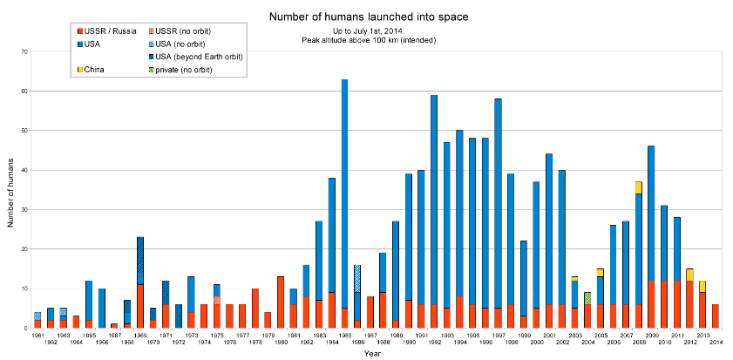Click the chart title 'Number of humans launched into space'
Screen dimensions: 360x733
coord(365,17)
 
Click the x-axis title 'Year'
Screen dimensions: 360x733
coord(371,354)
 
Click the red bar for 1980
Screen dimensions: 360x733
coord(280,302)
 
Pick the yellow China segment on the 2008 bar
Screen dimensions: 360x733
coord(639,187)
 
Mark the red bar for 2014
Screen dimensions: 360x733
coord(716,316)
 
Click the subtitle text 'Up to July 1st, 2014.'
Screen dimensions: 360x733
coord(365,31)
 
